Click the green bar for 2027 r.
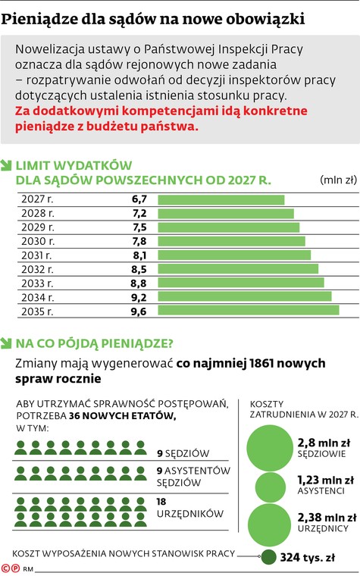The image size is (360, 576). click(221, 199)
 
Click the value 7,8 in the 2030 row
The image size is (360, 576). click(139, 241)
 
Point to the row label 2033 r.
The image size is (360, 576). click(38, 283)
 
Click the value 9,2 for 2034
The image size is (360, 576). click(139, 297)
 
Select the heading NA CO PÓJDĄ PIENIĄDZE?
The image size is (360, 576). click(95, 343)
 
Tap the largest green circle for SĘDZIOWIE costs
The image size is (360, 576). click(271, 447)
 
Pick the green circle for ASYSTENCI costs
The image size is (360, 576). click(271, 487)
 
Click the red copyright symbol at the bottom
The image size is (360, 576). click(6, 568)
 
